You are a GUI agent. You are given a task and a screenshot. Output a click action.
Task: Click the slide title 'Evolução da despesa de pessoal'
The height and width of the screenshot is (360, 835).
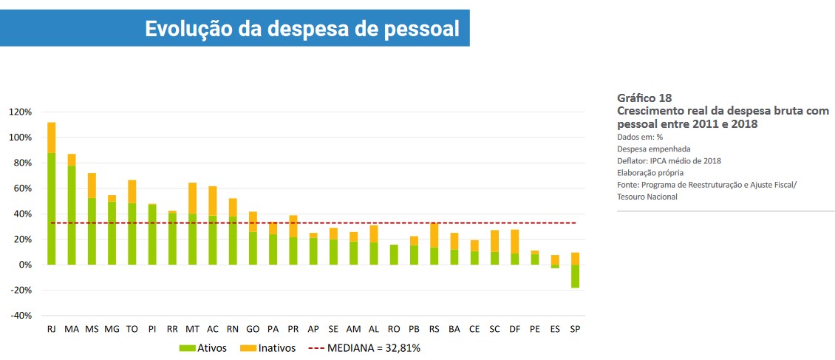pyautogui.click(x=301, y=28)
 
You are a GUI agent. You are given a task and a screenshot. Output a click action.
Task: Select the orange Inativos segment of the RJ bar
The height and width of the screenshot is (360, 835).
pyautogui.click(x=52, y=137)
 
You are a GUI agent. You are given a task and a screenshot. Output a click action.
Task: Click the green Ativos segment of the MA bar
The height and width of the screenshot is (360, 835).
pyautogui.click(x=72, y=214)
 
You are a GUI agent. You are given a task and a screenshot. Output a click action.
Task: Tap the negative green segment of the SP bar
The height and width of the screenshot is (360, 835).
pyautogui.click(x=575, y=276)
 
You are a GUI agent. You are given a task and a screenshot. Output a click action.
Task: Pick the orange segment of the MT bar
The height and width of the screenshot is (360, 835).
pyautogui.click(x=193, y=198)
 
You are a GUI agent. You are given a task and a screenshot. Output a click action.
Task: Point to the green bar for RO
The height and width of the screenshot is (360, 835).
pyautogui.click(x=394, y=254)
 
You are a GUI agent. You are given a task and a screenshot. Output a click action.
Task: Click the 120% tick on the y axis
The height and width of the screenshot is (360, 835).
pyautogui.click(x=20, y=112)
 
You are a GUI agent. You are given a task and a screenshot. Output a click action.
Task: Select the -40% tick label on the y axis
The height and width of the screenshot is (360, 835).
pyautogui.click(x=20, y=316)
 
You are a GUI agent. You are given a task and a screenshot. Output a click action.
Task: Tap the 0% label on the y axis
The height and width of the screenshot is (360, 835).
pyautogui.click(x=24, y=265)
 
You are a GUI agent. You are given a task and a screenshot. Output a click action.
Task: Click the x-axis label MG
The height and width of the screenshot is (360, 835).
pyautogui.click(x=112, y=328)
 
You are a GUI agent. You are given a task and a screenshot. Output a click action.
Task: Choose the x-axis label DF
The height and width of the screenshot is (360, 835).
pyautogui.click(x=514, y=328)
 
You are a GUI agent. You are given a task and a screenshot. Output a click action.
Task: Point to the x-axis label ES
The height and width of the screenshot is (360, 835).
pyautogui.click(x=555, y=328)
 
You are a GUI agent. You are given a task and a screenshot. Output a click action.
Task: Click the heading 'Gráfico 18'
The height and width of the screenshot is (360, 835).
pyautogui.click(x=644, y=98)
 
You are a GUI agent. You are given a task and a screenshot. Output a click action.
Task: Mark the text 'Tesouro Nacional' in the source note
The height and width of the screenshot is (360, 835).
pyautogui.click(x=647, y=197)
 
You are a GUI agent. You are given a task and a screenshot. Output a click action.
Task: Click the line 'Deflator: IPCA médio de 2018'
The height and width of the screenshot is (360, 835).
pyautogui.click(x=669, y=160)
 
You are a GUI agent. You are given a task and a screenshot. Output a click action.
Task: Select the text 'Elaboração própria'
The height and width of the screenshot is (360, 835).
pyautogui.click(x=650, y=172)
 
